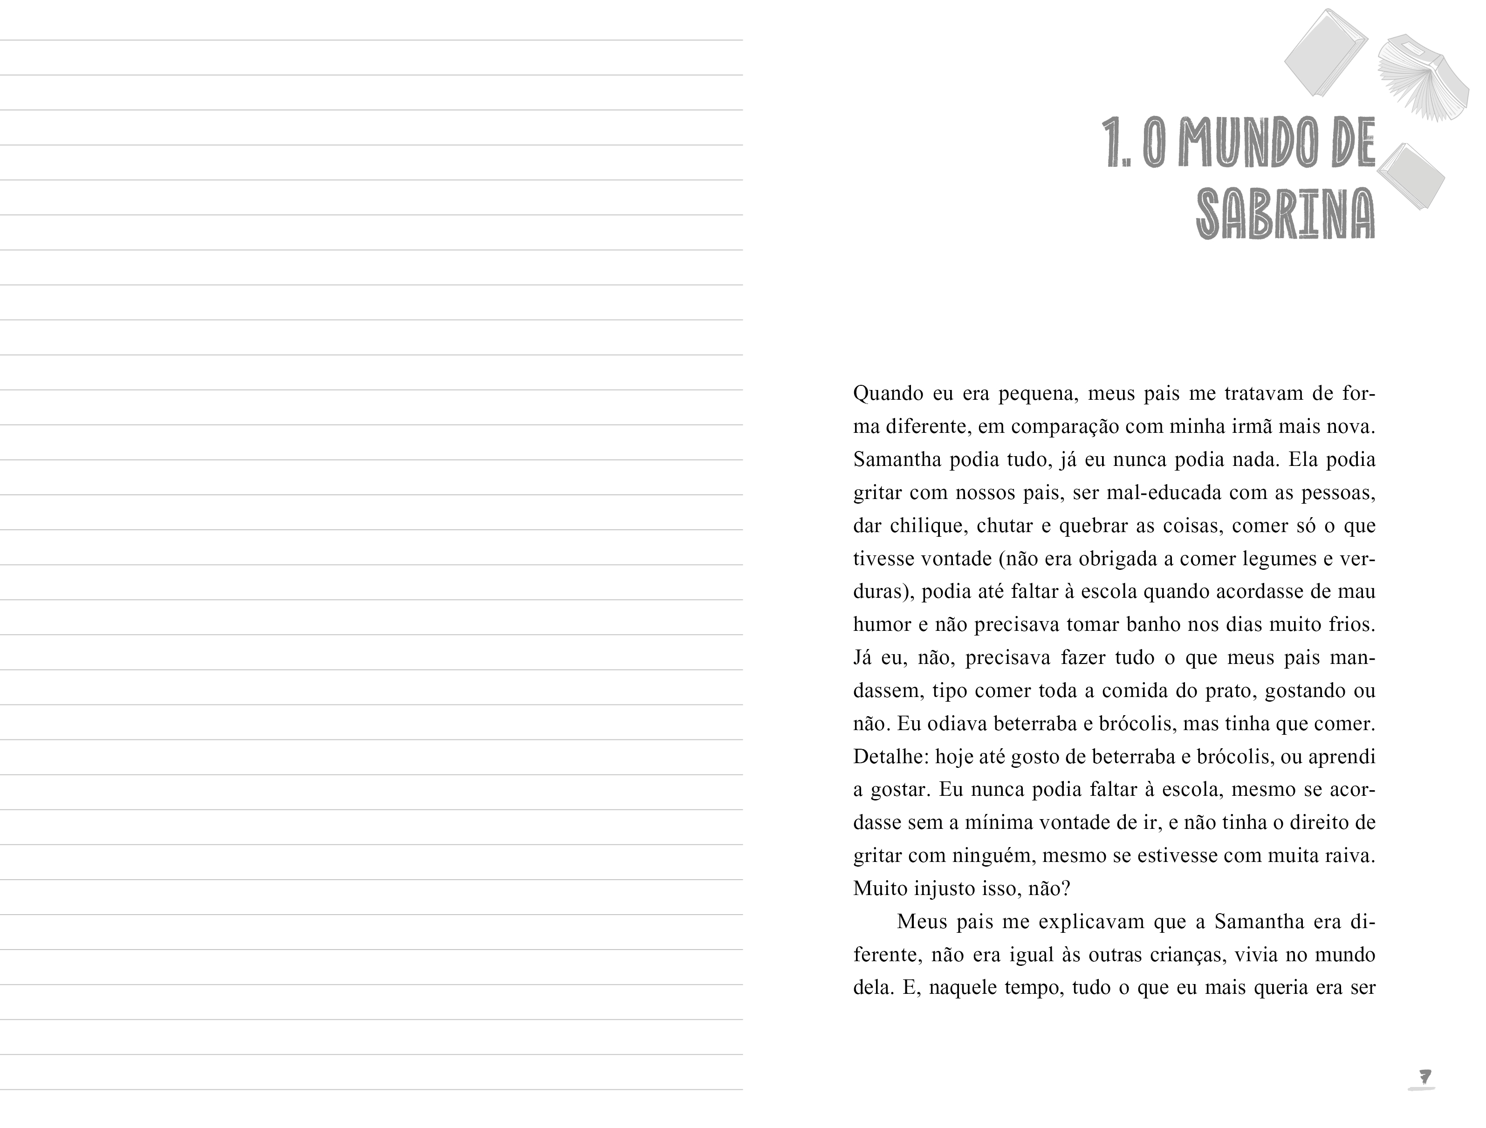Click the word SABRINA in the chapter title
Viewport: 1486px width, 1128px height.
[1285, 214]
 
